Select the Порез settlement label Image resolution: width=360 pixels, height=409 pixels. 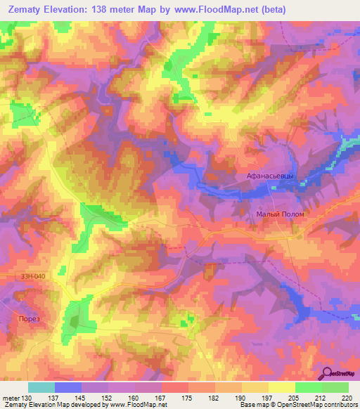coord(25,318)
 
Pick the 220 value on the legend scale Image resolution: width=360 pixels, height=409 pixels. coord(347,398)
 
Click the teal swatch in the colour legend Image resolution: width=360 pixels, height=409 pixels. coord(41,387)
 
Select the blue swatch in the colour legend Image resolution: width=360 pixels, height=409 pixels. coord(68,387)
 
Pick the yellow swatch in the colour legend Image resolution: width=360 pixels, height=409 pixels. coord(281,387)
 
